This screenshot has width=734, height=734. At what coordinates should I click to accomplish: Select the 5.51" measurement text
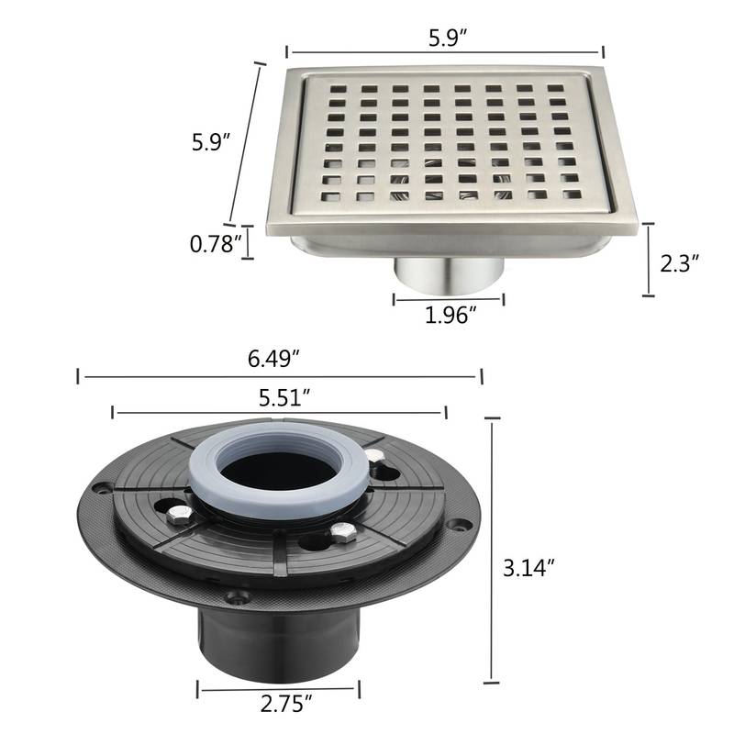coord(280,396)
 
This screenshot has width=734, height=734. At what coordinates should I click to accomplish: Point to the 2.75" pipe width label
coord(280,705)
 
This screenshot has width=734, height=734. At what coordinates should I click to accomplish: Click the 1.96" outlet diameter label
coord(450,316)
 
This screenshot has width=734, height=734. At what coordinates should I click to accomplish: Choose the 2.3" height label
coord(680,263)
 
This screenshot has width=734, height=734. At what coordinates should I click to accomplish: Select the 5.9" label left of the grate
coord(210,142)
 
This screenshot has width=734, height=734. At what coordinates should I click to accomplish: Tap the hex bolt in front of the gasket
coord(342,532)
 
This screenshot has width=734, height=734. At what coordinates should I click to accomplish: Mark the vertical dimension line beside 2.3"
coord(649,259)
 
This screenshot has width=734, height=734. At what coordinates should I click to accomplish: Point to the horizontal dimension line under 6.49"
coord(280,375)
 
